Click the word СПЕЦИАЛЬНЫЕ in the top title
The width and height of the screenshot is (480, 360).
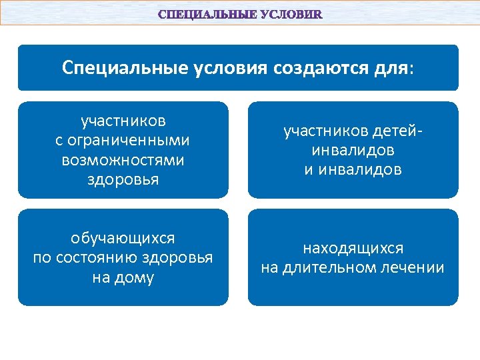[201, 14]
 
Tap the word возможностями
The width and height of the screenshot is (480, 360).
[123, 160]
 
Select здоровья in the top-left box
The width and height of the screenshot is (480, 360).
[123, 179]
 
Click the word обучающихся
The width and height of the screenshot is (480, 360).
[123, 238]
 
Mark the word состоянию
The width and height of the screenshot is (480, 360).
[121, 257]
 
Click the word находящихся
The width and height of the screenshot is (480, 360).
[353, 248]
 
